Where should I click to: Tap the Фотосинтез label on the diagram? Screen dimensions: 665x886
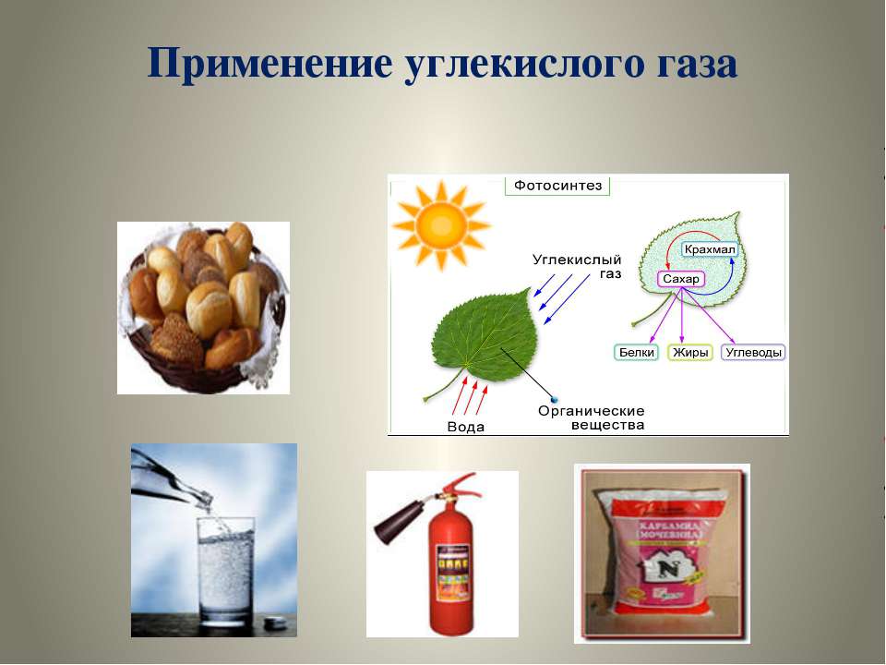pos(557,186)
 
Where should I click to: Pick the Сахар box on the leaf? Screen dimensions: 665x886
pos(681,278)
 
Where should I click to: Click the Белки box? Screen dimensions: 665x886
pos(636,352)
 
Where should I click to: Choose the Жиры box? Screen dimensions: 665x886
pos(689,352)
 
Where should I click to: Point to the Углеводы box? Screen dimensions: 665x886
pos(753,352)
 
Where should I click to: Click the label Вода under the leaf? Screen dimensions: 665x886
pos(465,427)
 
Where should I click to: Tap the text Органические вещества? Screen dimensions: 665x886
pos(591,417)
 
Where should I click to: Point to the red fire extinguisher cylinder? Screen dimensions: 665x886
pos(452,573)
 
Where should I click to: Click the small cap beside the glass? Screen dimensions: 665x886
pos(274,624)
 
